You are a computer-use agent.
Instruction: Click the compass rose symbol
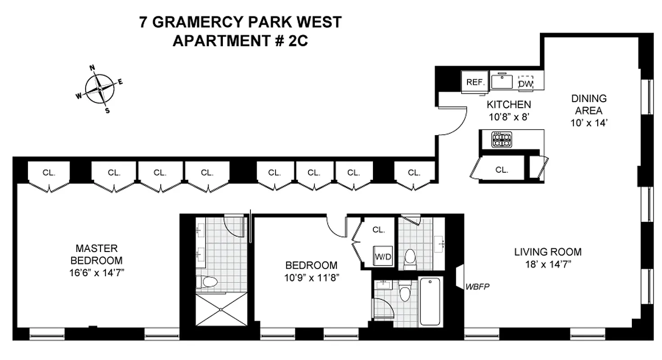point(100,89)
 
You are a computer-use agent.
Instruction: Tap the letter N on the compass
point(93,68)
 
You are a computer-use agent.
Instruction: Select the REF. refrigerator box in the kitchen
point(475,82)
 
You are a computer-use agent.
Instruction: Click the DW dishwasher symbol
point(525,83)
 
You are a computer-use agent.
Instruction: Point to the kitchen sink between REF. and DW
point(502,81)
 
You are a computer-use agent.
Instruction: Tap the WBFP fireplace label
point(478,286)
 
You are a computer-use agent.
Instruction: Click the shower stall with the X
point(222,309)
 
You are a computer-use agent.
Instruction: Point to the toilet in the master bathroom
point(209,282)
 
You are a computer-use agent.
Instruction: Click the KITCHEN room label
point(509,105)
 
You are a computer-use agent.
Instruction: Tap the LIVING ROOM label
point(548,252)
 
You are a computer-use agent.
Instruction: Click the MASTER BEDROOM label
point(96,254)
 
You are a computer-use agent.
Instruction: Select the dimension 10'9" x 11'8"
point(311,278)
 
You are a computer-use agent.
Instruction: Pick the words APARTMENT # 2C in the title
point(240,41)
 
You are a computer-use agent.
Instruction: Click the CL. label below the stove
point(502,170)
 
